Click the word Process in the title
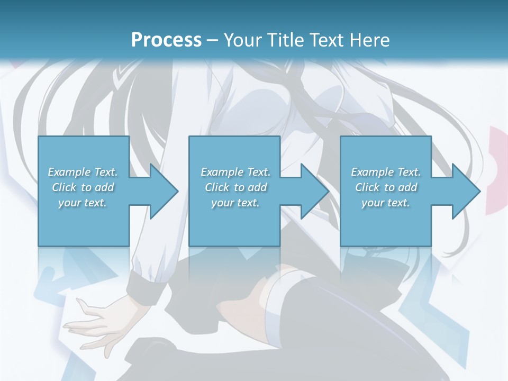pyautogui.click(x=166, y=40)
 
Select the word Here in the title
pyautogui.click(x=370, y=40)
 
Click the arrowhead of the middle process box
pyautogui.click(x=314, y=191)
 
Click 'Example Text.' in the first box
pyautogui.click(x=83, y=172)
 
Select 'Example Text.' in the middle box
pyautogui.click(x=235, y=172)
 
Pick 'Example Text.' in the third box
pyautogui.click(x=386, y=172)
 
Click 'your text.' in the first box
pyautogui.click(x=83, y=203)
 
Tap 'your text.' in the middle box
pyautogui.click(x=235, y=203)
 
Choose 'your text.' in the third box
pyautogui.click(x=386, y=203)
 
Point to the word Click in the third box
pyautogui.click(x=368, y=187)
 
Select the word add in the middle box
pyautogui.click(x=257, y=187)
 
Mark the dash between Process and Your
pyautogui.click(x=213, y=41)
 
